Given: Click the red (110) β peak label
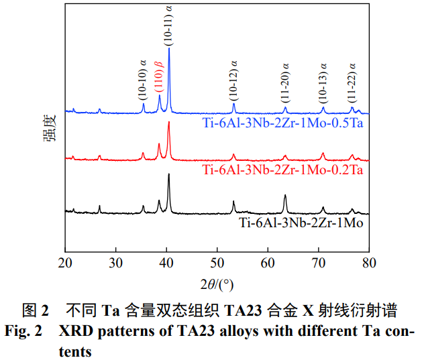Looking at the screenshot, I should click(x=159, y=75).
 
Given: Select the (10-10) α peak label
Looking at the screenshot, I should click(x=143, y=81).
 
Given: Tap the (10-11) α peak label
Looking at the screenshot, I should click(x=168, y=23).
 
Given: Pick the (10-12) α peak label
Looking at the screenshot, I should click(x=233, y=81).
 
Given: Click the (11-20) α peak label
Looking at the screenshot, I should click(x=285, y=84).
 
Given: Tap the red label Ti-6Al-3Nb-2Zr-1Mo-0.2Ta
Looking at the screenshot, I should click(x=282, y=171).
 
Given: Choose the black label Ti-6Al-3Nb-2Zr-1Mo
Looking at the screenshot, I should click(x=301, y=222).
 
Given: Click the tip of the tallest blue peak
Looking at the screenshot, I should click(x=168, y=48).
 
